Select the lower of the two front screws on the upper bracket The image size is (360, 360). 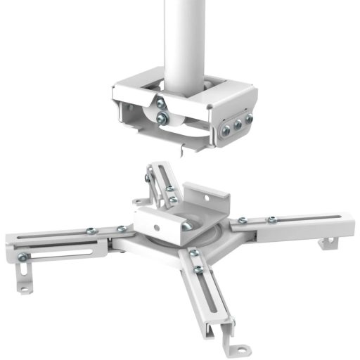(162, 118)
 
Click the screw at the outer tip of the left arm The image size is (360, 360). (23, 257)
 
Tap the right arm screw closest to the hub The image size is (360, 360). (242, 221)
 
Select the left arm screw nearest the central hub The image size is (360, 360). (121, 229)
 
